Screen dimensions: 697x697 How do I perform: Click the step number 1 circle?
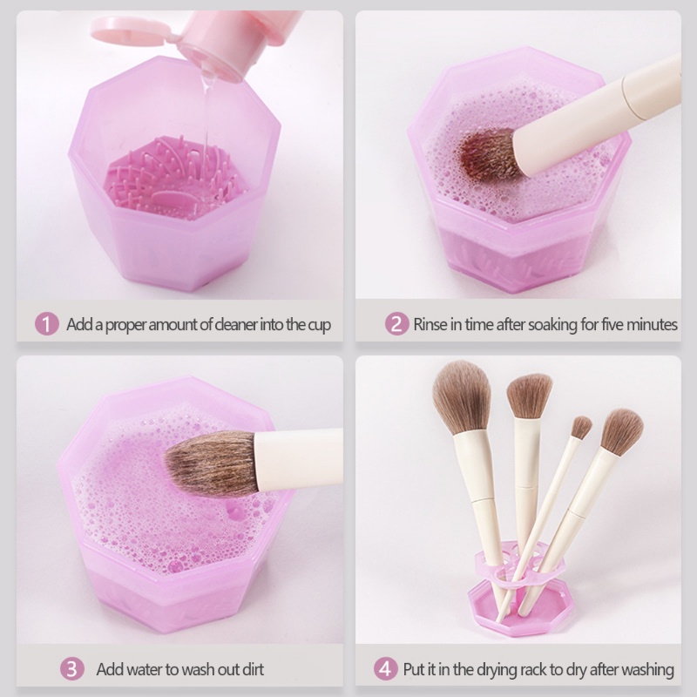click(x=46, y=325)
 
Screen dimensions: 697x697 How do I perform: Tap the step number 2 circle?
click(x=396, y=325)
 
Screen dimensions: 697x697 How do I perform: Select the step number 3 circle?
click(x=72, y=669)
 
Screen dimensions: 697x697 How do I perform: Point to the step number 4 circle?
click(x=386, y=669)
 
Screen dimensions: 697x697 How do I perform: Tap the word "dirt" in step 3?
click(x=249, y=669)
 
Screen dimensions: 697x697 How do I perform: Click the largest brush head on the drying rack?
click(x=462, y=396)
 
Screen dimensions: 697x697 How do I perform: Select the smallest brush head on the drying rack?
click(x=581, y=426)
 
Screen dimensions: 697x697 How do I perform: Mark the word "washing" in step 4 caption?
click(x=646, y=669)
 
